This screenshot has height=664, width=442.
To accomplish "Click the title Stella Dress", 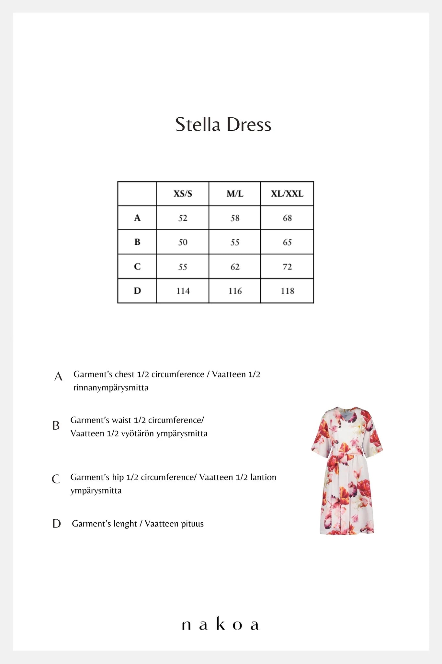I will tap(223, 124).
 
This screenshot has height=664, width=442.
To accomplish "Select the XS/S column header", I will tap(183, 194).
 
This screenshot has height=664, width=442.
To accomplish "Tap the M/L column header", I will tap(235, 194).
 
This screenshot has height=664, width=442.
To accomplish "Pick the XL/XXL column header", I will tap(287, 194).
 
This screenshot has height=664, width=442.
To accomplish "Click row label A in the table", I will tap(137, 218).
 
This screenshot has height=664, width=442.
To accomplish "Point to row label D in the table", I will tap(137, 291).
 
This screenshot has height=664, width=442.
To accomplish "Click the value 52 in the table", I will tap(183, 218).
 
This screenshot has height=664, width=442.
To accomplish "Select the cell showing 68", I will tap(287, 218).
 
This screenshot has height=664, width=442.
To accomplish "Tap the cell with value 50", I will tap(183, 243).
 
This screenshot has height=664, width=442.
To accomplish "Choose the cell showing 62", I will tap(235, 267).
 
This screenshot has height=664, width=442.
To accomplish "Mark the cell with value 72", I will tap(287, 267).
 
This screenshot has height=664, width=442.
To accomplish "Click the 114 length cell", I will tap(183, 291).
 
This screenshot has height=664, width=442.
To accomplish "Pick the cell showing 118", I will tap(287, 291).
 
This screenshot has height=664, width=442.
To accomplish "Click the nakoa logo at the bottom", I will tap(221, 624).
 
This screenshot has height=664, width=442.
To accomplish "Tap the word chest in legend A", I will tap(125, 374).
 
